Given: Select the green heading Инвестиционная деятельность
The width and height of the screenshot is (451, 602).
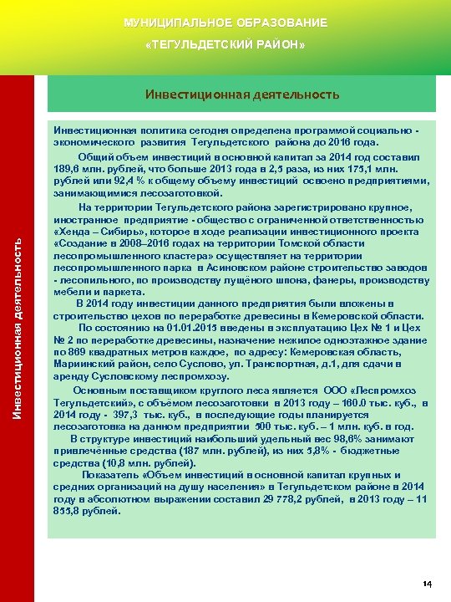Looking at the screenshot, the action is (242, 94).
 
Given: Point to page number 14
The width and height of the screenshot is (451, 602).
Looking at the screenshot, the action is (427, 583).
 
